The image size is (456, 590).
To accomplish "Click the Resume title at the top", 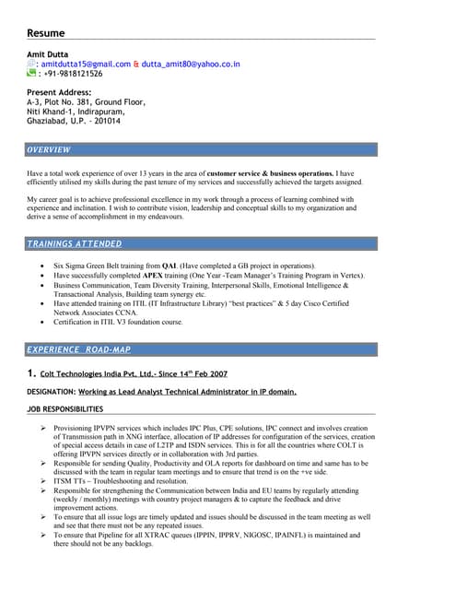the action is coord(45,33).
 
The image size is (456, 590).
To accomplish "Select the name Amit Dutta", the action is coord(53,54).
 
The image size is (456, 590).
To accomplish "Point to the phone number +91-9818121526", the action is coord(71,75).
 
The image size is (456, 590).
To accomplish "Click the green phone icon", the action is coord(31,74).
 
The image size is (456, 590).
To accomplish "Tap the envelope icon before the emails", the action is coord(31,64).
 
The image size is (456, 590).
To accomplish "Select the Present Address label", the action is coord(59,93).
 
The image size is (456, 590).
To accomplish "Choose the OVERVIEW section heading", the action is coord(49,149).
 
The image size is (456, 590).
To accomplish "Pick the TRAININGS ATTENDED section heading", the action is coord(75,243).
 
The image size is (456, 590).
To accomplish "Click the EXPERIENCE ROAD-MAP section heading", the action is coord(85,349).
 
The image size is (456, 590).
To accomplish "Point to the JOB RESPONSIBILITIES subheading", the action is coord(65,408).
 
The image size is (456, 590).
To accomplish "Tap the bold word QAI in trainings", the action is coord(169,265).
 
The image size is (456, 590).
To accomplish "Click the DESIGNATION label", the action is coord(51,392).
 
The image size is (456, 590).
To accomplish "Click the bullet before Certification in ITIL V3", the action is coord(44,323).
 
